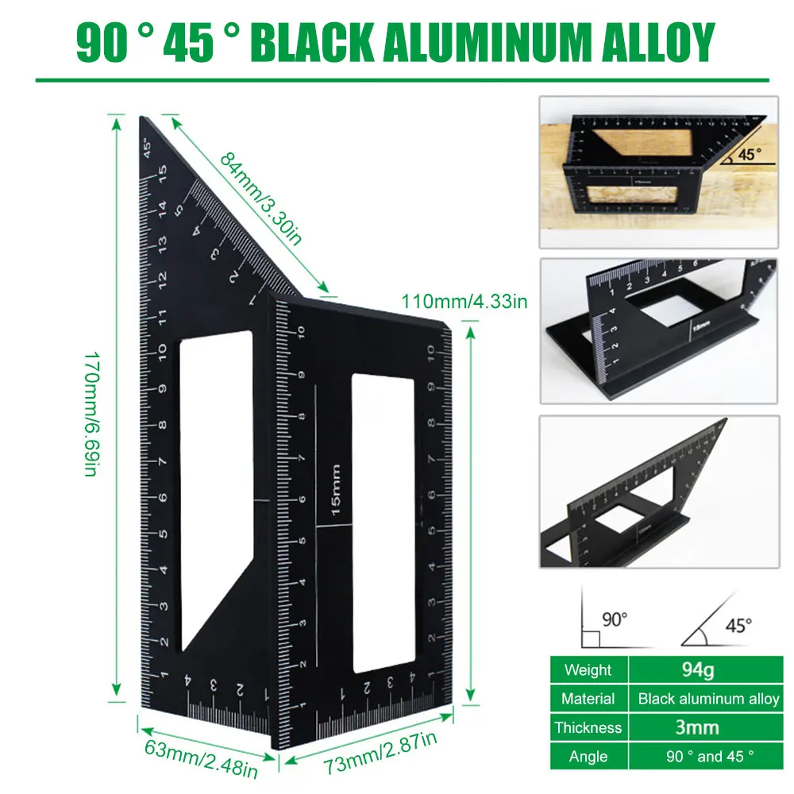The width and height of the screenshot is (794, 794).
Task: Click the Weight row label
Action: tap(588, 670)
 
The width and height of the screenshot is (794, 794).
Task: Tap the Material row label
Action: tap(588, 699)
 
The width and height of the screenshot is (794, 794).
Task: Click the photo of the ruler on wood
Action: tap(657, 172)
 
